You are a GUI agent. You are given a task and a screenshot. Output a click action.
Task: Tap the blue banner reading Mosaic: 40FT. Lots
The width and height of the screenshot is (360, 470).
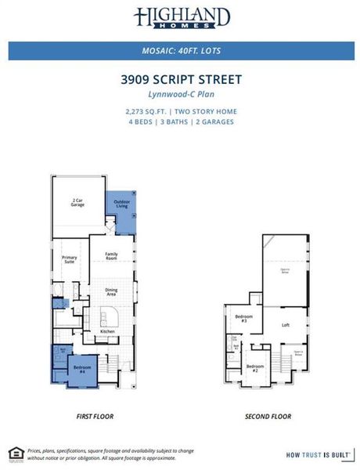point(181,51)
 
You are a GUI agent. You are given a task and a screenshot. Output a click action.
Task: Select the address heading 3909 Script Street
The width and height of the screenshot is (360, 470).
point(181,79)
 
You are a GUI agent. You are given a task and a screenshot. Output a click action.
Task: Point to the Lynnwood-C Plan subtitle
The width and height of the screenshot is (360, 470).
point(181,93)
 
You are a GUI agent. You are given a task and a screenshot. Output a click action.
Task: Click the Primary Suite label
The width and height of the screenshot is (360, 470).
point(70,260)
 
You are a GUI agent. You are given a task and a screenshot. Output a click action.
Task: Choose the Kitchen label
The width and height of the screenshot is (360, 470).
point(107,331)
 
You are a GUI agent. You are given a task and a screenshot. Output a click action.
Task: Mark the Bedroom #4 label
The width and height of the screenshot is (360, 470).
point(82,367)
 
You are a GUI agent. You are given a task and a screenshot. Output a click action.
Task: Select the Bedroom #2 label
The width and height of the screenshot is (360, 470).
point(254,367)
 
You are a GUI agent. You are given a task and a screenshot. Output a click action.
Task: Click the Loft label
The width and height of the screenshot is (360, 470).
point(286,324)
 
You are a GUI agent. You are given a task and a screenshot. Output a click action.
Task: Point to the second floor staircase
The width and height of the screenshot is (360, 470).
point(279,361)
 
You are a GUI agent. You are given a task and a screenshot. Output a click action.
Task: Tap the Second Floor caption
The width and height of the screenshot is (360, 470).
point(268,418)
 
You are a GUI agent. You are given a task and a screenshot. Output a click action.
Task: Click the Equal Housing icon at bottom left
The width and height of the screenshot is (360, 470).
point(15,452)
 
